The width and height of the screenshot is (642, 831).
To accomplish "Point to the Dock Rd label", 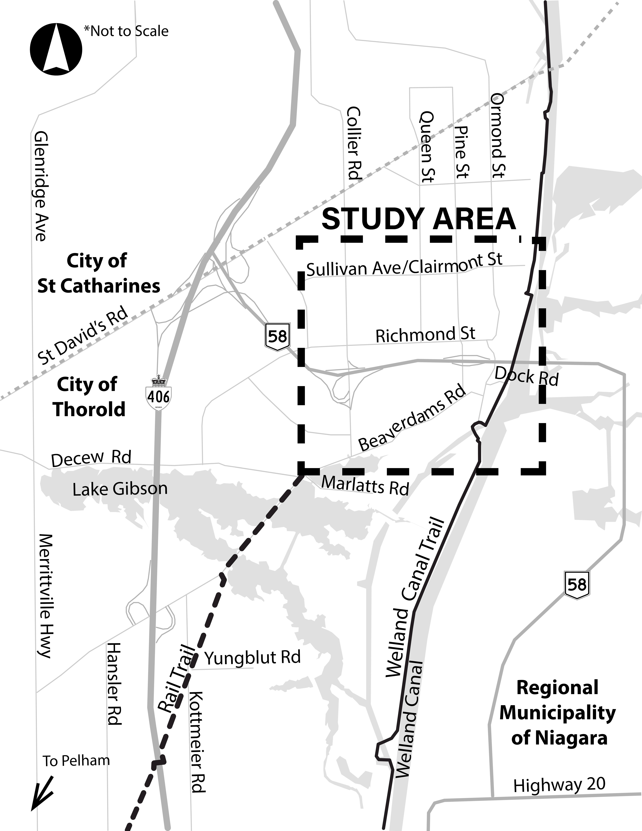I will tap(526, 377).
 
